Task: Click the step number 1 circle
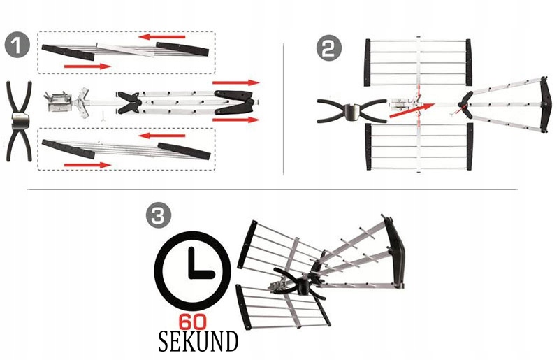point(17,46)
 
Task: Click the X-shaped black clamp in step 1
point(18,118)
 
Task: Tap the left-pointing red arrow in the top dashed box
point(162,36)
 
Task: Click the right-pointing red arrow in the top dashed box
point(87,66)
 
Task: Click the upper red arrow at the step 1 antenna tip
point(236,83)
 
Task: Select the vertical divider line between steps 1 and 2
point(283,108)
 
